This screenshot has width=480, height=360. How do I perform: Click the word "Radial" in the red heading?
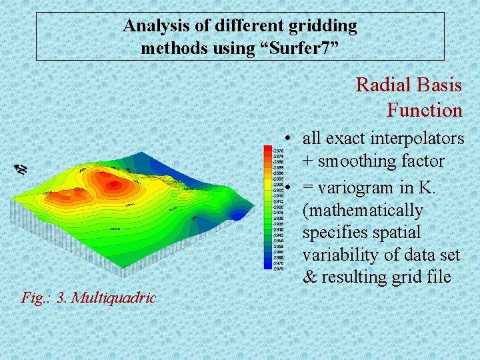(381, 85)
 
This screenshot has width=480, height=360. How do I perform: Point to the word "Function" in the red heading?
(424, 109)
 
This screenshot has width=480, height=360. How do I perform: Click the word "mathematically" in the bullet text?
(363, 211)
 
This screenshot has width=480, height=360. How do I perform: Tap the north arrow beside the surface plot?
(21, 169)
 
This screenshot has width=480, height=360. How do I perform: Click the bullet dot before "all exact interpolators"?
(285, 139)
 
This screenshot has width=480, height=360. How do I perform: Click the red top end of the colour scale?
(267, 151)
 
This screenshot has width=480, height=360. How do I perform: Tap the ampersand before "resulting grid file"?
(310, 277)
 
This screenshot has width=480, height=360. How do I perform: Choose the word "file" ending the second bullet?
(437, 277)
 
